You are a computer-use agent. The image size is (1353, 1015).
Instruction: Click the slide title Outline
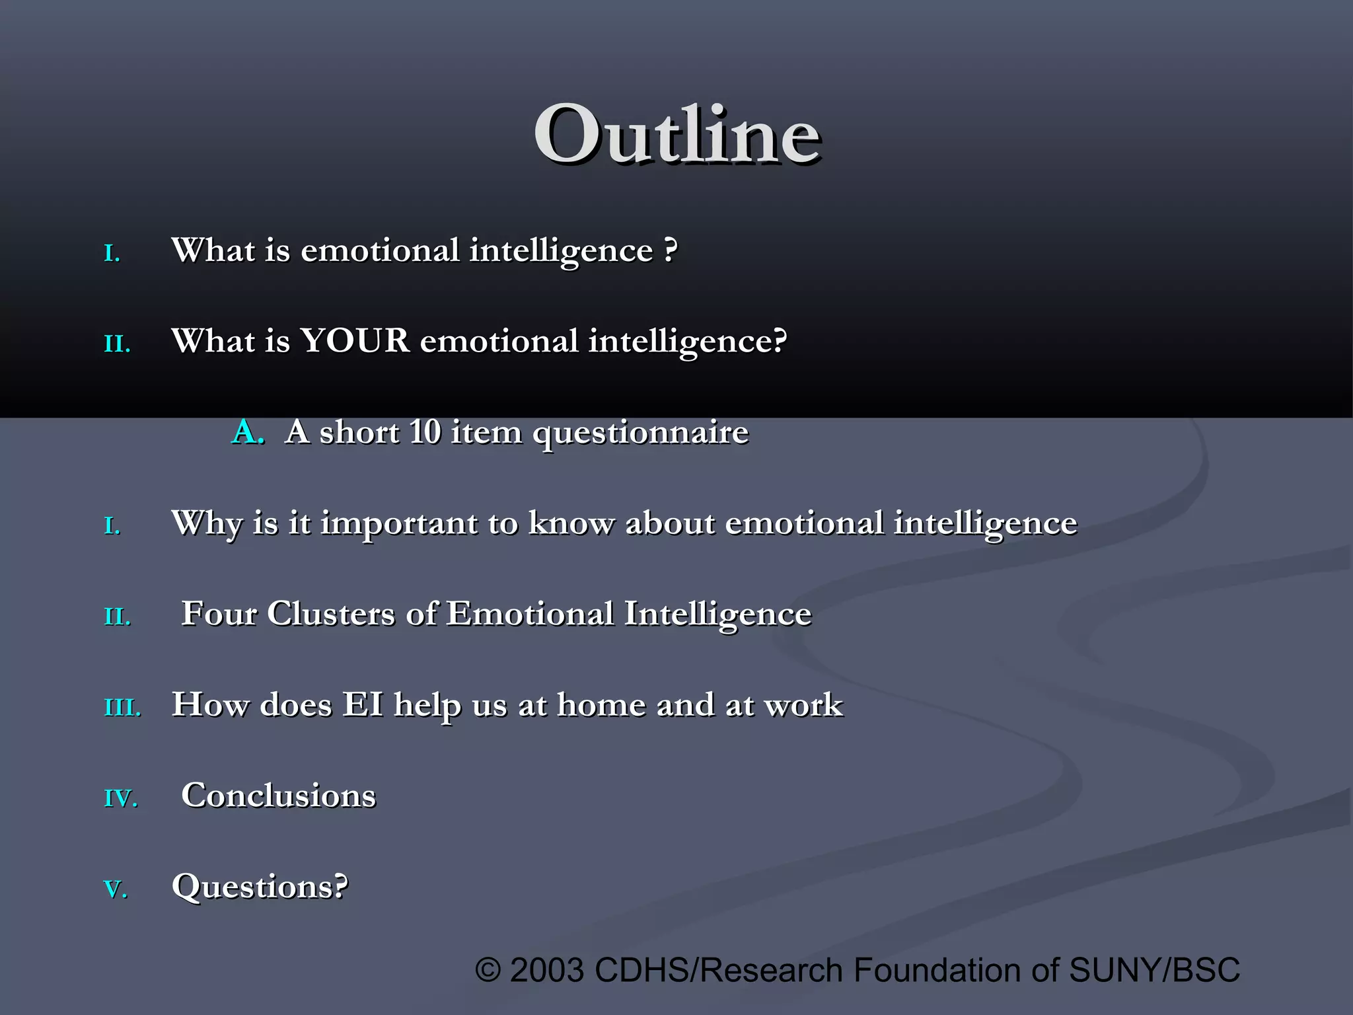click(677, 135)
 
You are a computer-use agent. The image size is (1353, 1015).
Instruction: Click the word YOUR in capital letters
click(355, 342)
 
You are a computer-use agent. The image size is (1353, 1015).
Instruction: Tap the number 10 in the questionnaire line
click(424, 432)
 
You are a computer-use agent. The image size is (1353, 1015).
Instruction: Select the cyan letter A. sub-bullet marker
click(248, 433)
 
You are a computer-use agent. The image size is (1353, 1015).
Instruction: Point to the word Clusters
click(330, 614)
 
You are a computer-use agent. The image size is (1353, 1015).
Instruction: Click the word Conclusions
click(278, 796)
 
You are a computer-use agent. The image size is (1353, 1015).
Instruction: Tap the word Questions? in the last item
click(260, 887)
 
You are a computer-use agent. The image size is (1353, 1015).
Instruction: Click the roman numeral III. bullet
click(123, 708)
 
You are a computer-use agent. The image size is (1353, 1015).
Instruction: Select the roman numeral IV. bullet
click(121, 799)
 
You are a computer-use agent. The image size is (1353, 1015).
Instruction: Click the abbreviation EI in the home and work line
click(363, 705)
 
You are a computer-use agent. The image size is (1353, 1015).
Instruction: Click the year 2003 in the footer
click(547, 971)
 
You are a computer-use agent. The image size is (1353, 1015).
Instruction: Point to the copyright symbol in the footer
click(488, 971)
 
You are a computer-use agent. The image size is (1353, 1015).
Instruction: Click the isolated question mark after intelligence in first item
click(670, 250)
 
